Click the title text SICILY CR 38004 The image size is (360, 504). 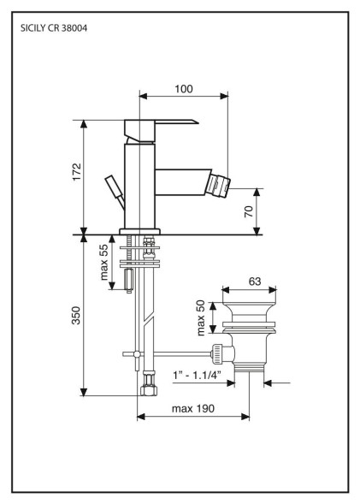[54, 28]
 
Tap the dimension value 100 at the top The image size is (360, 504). [184, 89]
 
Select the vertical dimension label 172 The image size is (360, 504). [77, 172]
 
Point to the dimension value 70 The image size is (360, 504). [249, 211]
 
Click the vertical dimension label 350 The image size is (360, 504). [76, 316]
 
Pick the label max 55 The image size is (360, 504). [103, 263]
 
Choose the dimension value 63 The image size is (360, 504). [255, 282]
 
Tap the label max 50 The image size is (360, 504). [200, 317]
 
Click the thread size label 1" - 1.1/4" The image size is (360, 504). [198, 375]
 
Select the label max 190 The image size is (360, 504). [193, 408]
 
